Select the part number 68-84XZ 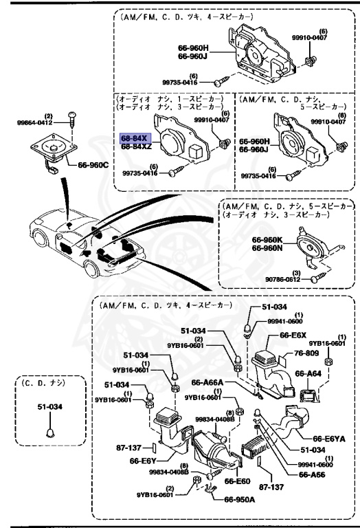pyautogui.click(x=137, y=146)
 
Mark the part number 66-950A pyautogui.click(x=239, y=500)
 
